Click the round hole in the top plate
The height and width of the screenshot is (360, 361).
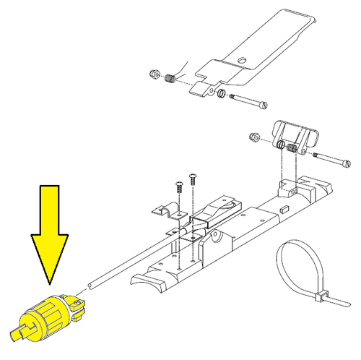pos(243,60)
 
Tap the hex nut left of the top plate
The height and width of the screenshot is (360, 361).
pos(154,74)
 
